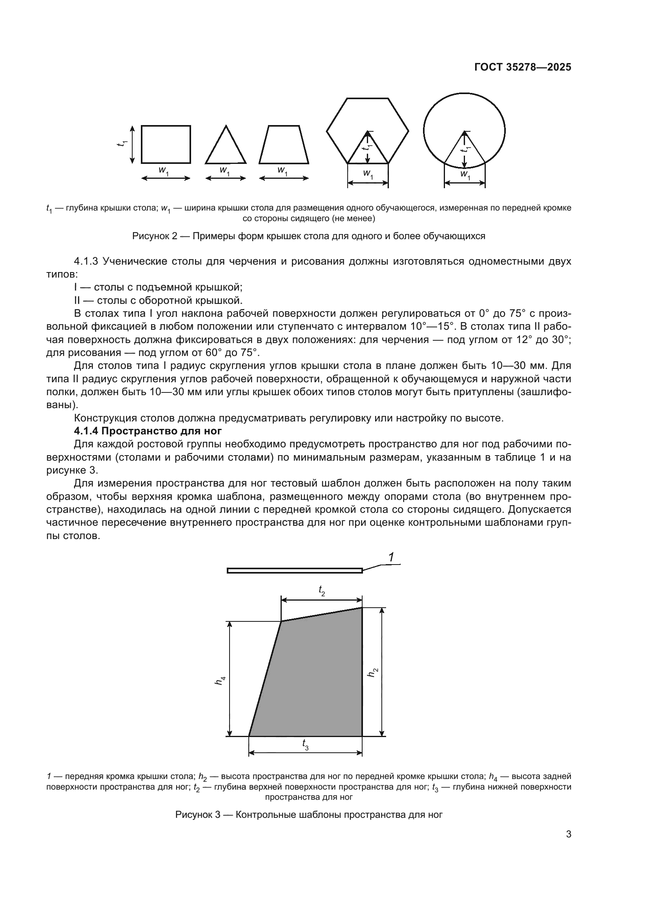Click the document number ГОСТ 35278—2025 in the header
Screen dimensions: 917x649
[x=523, y=67]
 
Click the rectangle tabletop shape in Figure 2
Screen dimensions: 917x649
[x=166, y=144]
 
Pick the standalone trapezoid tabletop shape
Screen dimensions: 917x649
[x=284, y=146]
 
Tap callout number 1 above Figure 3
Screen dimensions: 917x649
[x=391, y=557]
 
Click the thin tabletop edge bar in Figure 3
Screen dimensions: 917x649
[x=295, y=570]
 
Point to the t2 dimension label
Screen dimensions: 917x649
[x=322, y=590]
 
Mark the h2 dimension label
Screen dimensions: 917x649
[x=372, y=672]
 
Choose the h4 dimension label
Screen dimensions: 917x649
[x=220, y=681]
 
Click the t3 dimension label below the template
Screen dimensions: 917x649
[x=305, y=745]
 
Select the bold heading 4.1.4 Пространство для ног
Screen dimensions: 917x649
[x=148, y=431]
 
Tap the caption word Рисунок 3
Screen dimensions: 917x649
[x=198, y=814]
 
